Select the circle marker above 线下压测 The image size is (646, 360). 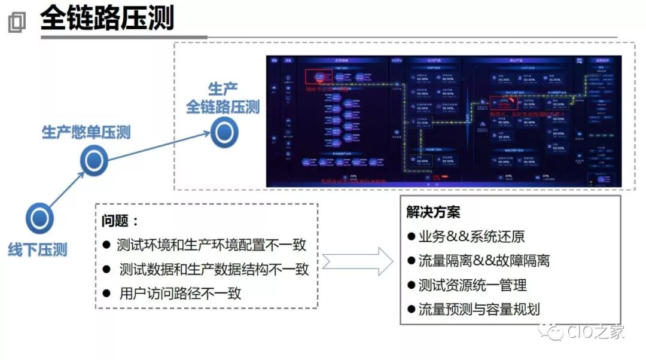point(39,218)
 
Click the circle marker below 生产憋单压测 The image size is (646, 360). point(94,161)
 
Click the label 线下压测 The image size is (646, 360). point(38,249)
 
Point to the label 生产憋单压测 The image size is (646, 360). point(86,132)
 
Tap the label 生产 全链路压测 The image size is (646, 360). point(223,99)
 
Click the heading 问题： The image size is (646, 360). point(120,221)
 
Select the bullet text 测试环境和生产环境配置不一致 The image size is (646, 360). point(212,245)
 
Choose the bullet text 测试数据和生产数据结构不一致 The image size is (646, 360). point(214,269)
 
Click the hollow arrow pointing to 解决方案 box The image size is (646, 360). point(358,261)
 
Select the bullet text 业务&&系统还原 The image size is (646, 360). point(471,236)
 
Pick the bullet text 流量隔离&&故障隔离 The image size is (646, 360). point(483,261)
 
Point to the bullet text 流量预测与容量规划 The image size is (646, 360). point(479,309)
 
